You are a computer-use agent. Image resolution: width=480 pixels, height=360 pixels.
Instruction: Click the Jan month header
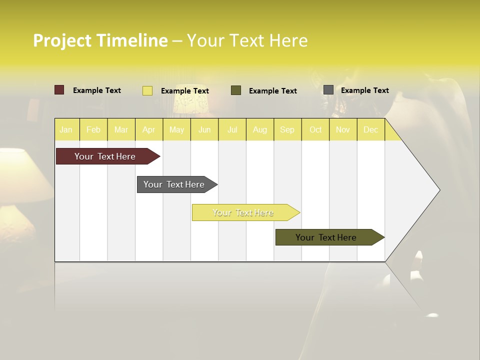point(66,129)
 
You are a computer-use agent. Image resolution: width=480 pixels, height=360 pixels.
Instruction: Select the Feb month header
point(93,129)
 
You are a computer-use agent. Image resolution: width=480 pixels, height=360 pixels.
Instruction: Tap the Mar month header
point(121,129)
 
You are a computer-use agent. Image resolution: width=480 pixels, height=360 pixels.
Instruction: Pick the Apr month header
point(149,129)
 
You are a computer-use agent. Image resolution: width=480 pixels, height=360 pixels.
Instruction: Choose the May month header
point(176,129)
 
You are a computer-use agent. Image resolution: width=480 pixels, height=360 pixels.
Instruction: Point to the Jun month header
point(204,129)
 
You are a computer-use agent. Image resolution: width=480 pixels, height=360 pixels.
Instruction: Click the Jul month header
point(232,129)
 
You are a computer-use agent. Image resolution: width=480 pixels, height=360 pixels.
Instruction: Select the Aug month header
point(260,129)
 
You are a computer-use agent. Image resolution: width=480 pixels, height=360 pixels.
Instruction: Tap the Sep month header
point(287,129)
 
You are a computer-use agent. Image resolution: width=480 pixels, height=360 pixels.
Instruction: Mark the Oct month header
point(315,129)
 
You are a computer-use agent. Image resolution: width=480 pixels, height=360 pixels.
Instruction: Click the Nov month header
point(343,129)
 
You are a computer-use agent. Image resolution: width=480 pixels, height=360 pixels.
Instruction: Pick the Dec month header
point(371,129)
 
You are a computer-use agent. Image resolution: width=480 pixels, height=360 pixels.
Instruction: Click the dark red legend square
point(59,90)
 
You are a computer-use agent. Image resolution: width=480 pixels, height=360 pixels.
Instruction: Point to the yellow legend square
point(147,90)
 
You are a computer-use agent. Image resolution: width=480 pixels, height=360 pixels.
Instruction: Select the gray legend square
point(328,90)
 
